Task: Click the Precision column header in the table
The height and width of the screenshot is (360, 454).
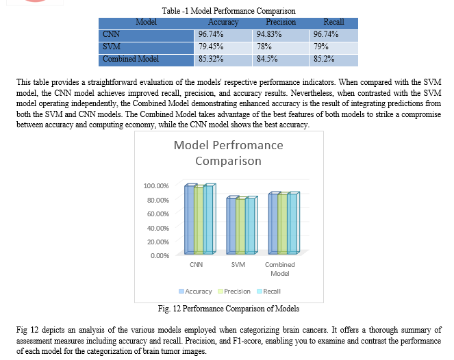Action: coord(281,22)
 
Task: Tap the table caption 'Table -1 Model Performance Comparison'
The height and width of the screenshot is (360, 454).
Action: coord(229,11)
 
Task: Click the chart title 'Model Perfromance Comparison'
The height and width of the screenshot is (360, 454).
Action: coord(229,153)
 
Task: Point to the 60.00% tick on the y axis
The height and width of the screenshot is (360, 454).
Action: coord(157,214)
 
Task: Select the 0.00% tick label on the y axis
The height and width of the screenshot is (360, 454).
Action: coord(160,256)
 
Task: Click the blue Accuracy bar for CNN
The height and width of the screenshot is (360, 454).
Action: coord(190,220)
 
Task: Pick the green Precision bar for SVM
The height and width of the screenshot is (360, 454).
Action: coord(241,226)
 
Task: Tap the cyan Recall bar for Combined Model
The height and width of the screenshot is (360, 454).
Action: coord(293,223)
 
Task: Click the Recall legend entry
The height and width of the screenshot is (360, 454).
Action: coord(268,292)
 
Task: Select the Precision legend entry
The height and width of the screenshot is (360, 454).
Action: coord(234,292)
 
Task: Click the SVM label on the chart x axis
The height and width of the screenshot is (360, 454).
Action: coord(238,264)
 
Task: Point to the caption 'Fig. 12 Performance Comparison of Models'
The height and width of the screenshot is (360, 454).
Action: coord(229,309)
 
